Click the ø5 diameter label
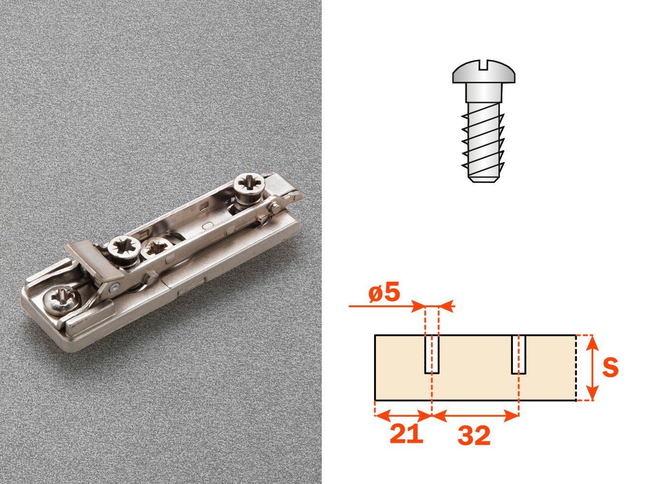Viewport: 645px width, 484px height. pos(384,292)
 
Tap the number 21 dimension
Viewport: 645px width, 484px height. pos(406,434)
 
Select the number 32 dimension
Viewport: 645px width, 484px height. pos(474,436)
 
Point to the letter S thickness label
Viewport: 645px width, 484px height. pos(610,367)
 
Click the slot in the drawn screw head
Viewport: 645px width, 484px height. pos(483,65)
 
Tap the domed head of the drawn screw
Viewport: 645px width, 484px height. pos(484,72)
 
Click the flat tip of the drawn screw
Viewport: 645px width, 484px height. pos(483,179)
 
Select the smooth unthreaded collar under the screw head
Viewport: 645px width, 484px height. pos(483,92)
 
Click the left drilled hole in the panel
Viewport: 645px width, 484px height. pos(432,354)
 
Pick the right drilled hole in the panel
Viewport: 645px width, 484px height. pos(519,354)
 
